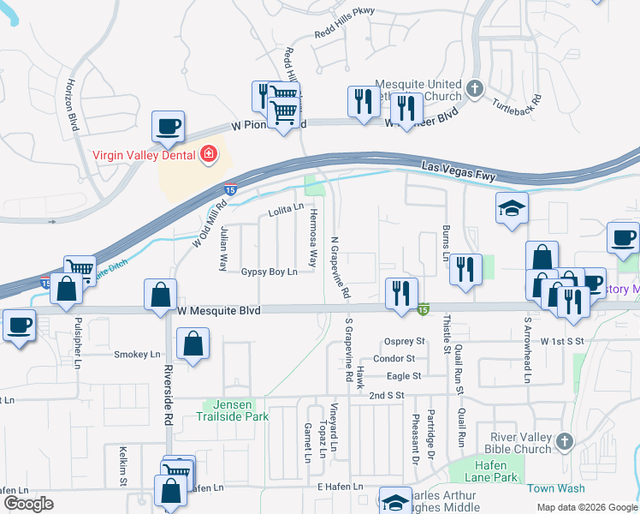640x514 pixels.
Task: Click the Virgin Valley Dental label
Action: [144, 156]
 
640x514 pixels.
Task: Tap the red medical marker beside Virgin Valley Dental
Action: [207, 155]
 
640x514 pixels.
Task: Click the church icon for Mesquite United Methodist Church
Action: [476, 88]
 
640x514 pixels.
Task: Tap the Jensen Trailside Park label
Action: [236, 410]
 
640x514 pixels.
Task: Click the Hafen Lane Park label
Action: [484, 470]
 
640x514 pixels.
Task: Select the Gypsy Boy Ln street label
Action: [269, 272]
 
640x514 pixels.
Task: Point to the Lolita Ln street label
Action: [286, 208]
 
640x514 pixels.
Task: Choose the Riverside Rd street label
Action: [169, 397]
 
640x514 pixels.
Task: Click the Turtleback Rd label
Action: [517, 105]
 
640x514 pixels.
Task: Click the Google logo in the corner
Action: [29, 504]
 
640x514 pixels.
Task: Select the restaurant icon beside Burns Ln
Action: [465, 269]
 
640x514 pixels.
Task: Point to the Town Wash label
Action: [556, 488]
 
